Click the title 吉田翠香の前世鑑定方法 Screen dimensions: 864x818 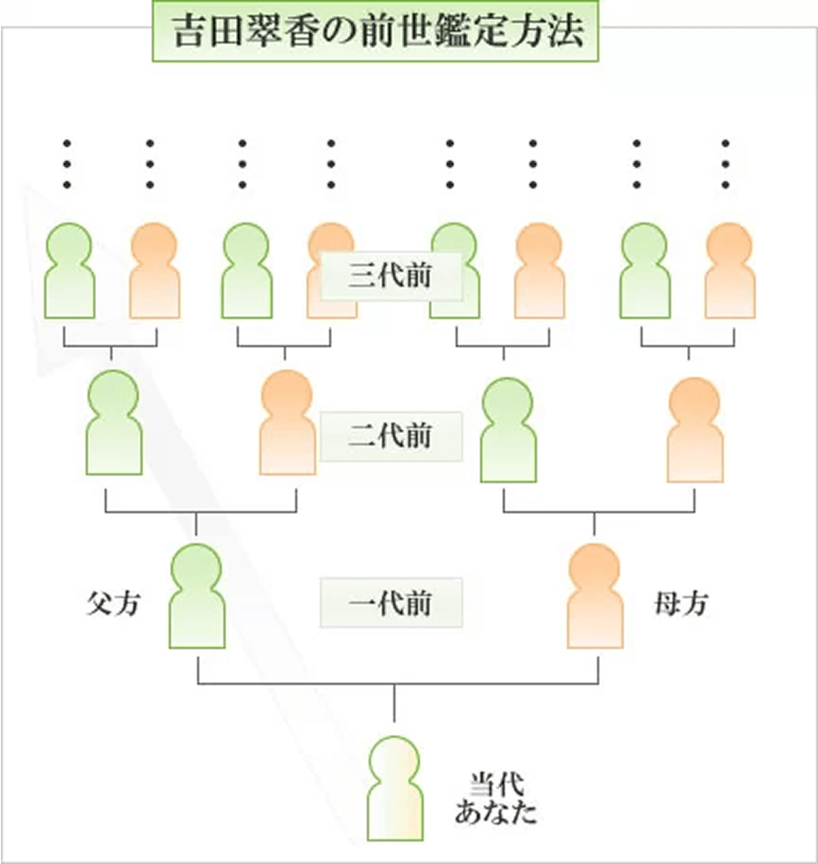(378, 34)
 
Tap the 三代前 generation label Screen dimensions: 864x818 (392, 275)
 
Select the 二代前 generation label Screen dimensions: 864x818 (392, 437)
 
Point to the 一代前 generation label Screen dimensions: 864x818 (392, 602)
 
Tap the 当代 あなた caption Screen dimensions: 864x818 (495, 797)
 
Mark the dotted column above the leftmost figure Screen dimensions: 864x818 (67, 164)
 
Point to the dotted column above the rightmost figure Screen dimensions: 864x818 (726, 164)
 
